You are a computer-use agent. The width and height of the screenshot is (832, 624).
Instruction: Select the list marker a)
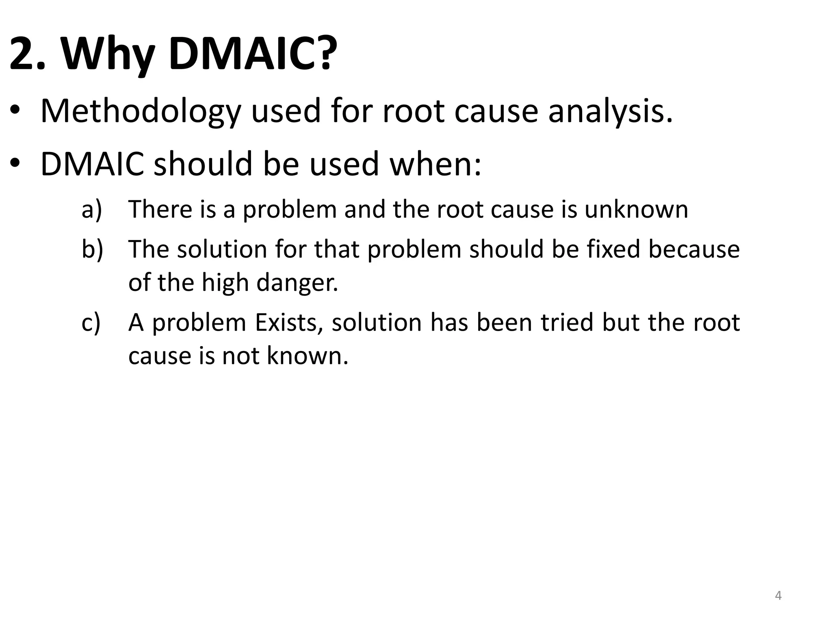coord(92,209)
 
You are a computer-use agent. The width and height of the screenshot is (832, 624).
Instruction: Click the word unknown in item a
coord(636,209)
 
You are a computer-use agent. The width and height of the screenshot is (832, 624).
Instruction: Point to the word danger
coord(297,282)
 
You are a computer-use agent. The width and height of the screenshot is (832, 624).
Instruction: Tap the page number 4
coord(778,596)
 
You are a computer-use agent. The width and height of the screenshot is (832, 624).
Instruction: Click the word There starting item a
coord(160,209)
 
